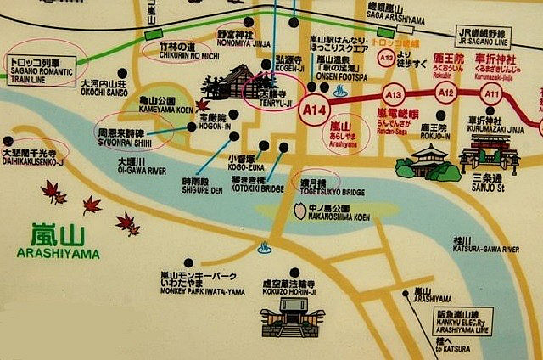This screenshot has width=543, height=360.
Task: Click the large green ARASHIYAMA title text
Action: [x=58, y=242]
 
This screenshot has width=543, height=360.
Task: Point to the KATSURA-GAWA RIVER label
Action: [x=486, y=245]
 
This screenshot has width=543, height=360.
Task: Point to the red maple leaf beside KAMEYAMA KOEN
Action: [x=202, y=104]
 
